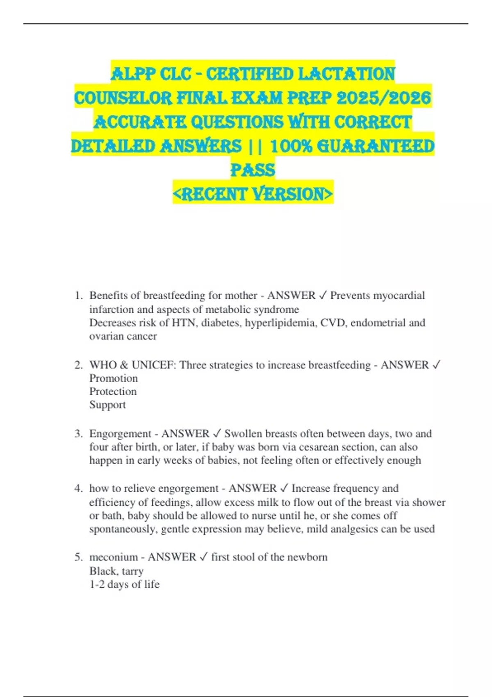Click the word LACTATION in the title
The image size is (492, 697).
[346, 74]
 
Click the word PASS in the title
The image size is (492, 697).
[253, 170]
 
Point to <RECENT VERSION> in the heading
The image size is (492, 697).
[253, 194]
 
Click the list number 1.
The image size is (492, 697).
[78, 296]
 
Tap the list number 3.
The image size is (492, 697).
[78, 434]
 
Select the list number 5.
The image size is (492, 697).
[78, 557]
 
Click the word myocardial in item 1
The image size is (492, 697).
[400, 296]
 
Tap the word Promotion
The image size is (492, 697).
[114, 378]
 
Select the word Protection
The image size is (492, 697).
[113, 392]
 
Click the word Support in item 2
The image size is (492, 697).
[107, 405]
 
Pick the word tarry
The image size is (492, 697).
[132, 571]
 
